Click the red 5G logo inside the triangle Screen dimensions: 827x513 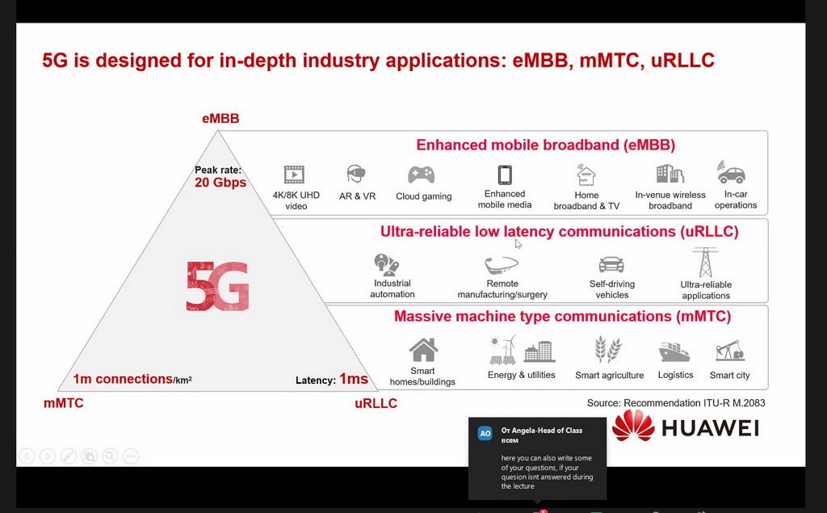click(217, 285)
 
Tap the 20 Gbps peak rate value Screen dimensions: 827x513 click(220, 183)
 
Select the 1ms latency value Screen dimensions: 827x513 click(354, 379)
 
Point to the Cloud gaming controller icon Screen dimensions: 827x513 click(421, 175)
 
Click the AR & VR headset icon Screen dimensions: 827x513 click(356, 174)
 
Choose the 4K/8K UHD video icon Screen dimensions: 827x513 click(294, 175)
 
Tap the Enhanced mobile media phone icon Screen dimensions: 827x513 click(505, 175)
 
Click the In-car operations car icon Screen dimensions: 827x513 click(731, 173)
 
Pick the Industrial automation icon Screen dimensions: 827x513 click(387, 265)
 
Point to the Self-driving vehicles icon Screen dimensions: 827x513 click(611, 264)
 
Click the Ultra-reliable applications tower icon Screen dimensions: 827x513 click(706, 263)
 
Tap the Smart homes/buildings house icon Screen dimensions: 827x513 click(423, 350)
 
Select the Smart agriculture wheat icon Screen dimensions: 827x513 click(609, 349)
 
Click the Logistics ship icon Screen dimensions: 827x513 click(674, 351)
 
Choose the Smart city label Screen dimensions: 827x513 click(729, 375)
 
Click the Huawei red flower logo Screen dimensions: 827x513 click(633, 426)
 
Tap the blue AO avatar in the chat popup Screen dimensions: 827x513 click(485, 433)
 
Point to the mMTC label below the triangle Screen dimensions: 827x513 click(63, 403)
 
